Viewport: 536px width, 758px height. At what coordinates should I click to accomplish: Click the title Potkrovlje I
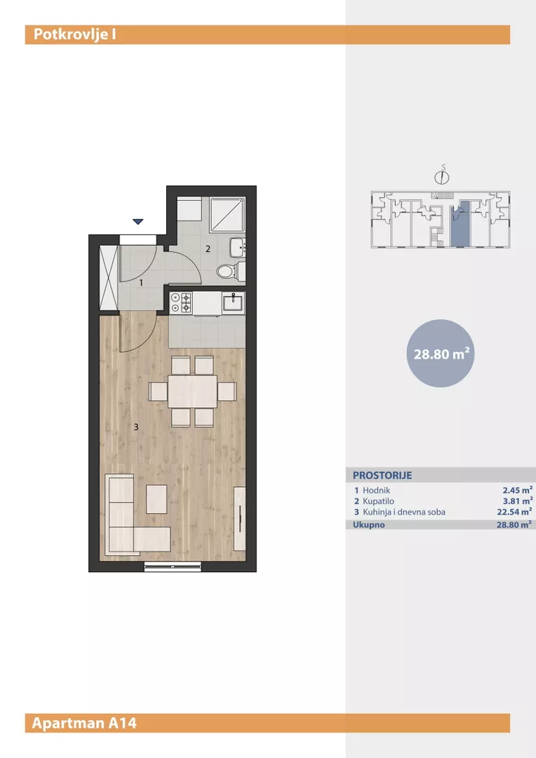[x=74, y=35]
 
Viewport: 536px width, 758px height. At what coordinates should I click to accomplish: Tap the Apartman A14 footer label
[x=84, y=723]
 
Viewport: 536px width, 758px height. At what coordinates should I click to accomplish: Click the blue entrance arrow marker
[x=138, y=222]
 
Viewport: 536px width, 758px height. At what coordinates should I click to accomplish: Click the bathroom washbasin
[x=237, y=248]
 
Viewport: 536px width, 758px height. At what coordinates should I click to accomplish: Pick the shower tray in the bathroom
[x=227, y=214]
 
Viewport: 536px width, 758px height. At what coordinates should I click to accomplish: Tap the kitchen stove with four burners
[x=181, y=303]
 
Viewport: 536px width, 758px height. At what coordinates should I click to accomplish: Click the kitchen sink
[x=234, y=303]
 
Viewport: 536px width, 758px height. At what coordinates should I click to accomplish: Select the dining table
[x=192, y=392]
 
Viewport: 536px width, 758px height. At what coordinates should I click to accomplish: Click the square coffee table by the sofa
[x=156, y=500]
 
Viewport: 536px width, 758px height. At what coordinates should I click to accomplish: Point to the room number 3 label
[x=136, y=427]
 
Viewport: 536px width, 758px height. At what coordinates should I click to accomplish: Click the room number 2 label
[x=208, y=249]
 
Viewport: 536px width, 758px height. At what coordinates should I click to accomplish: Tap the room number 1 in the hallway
[x=141, y=283]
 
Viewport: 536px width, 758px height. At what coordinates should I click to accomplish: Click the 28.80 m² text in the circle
[x=441, y=354]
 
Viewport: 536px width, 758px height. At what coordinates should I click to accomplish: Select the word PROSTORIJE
[x=382, y=475]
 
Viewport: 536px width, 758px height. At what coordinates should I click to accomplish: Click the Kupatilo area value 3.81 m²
[x=518, y=501]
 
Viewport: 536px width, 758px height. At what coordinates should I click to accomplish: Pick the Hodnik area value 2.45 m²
[x=518, y=490]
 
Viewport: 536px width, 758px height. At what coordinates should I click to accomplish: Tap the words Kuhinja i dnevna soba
[x=404, y=512]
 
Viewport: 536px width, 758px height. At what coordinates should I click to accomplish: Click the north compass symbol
[x=442, y=175]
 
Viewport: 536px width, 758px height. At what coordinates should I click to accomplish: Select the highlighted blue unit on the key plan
[x=460, y=223]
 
